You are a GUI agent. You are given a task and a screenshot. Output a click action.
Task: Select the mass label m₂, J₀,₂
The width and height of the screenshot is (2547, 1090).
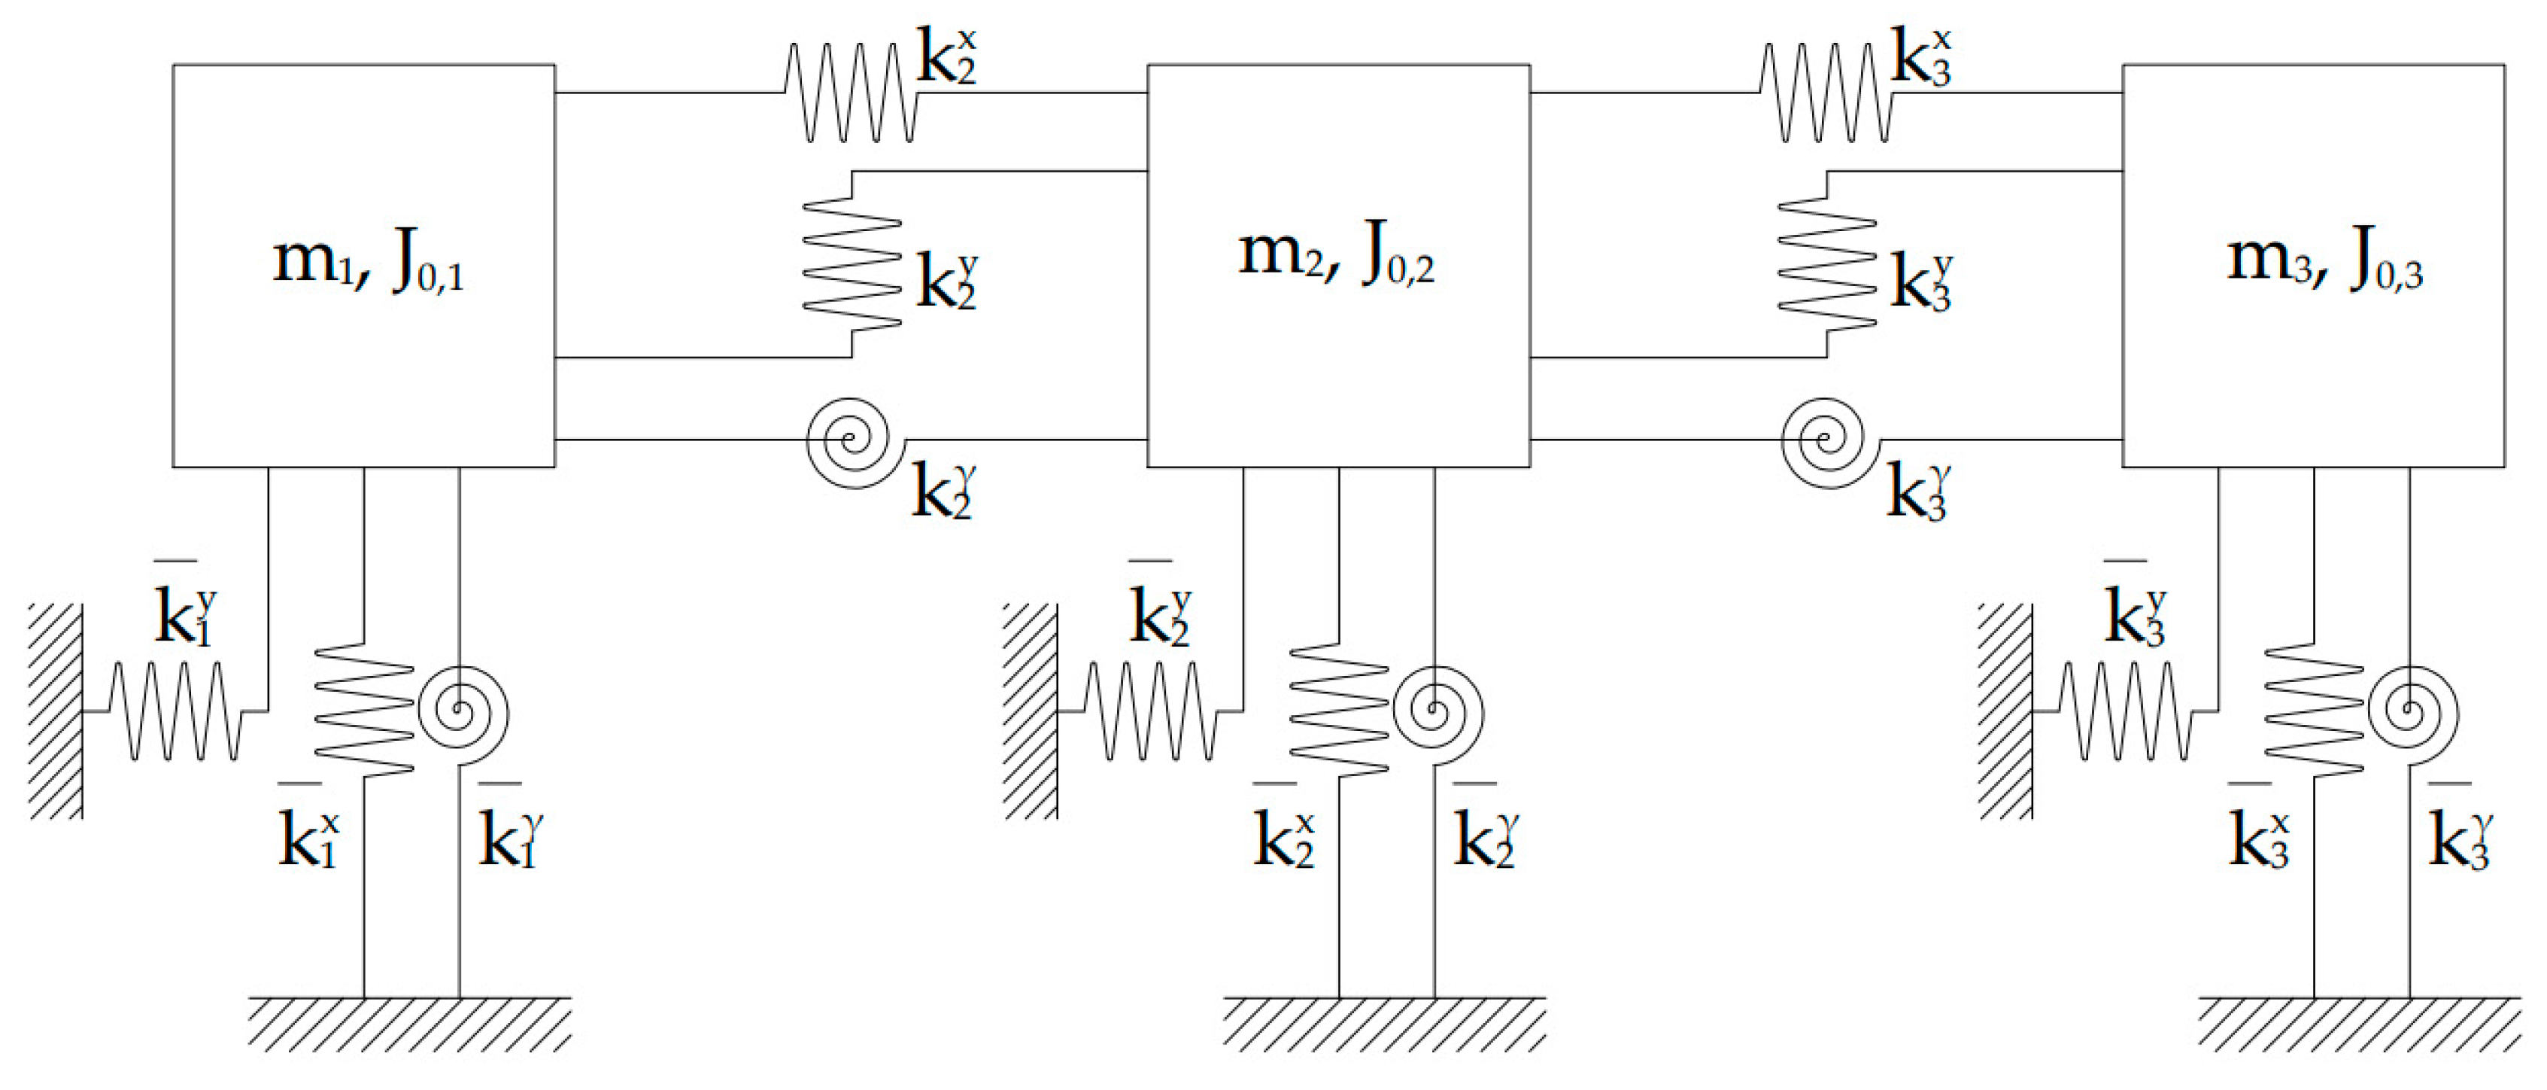click(x=1336, y=255)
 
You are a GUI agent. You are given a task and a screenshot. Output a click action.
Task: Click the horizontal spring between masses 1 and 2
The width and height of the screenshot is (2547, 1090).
click(x=850, y=93)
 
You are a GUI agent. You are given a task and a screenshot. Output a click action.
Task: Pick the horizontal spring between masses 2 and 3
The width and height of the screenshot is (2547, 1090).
click(x=1825, y=93)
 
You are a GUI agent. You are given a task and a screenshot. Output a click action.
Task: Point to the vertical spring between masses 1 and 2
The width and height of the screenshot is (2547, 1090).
click(x=852, y=263)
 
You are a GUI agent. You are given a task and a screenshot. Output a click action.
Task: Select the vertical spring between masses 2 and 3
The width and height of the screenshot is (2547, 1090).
click(x=1826, y=263)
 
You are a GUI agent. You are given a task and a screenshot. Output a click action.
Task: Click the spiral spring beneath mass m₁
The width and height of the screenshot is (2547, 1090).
click(x=461, y=710)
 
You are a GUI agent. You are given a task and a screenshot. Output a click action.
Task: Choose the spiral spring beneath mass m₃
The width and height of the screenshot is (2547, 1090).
click(x=2412, y=710)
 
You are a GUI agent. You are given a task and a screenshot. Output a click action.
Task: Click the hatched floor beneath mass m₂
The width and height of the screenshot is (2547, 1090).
click(x=1384, y=1023)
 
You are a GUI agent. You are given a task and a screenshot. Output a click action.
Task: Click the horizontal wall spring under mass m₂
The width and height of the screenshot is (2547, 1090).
click(x=1150, y=710)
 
